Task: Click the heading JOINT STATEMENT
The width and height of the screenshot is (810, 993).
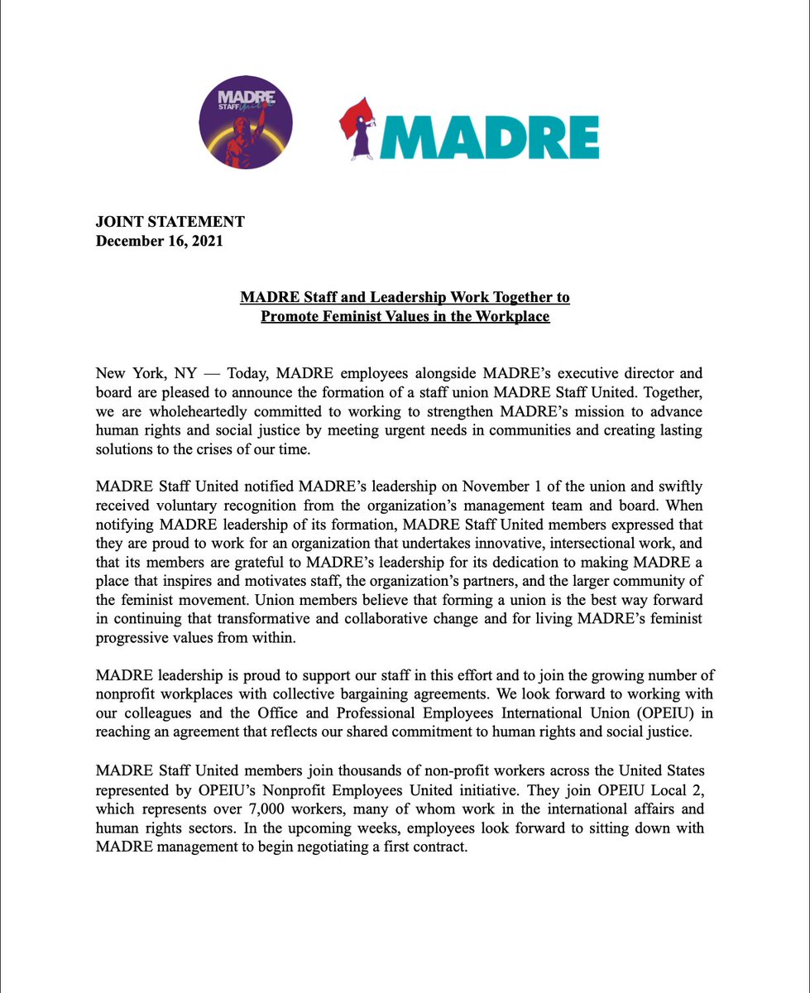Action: [x=170, y=222]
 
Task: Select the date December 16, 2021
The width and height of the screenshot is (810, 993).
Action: [x=160, y=241]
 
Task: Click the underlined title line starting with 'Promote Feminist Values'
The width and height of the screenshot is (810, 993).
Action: [x=405, y=316]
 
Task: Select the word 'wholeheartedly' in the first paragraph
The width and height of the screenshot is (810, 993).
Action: [x=189, y=410]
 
